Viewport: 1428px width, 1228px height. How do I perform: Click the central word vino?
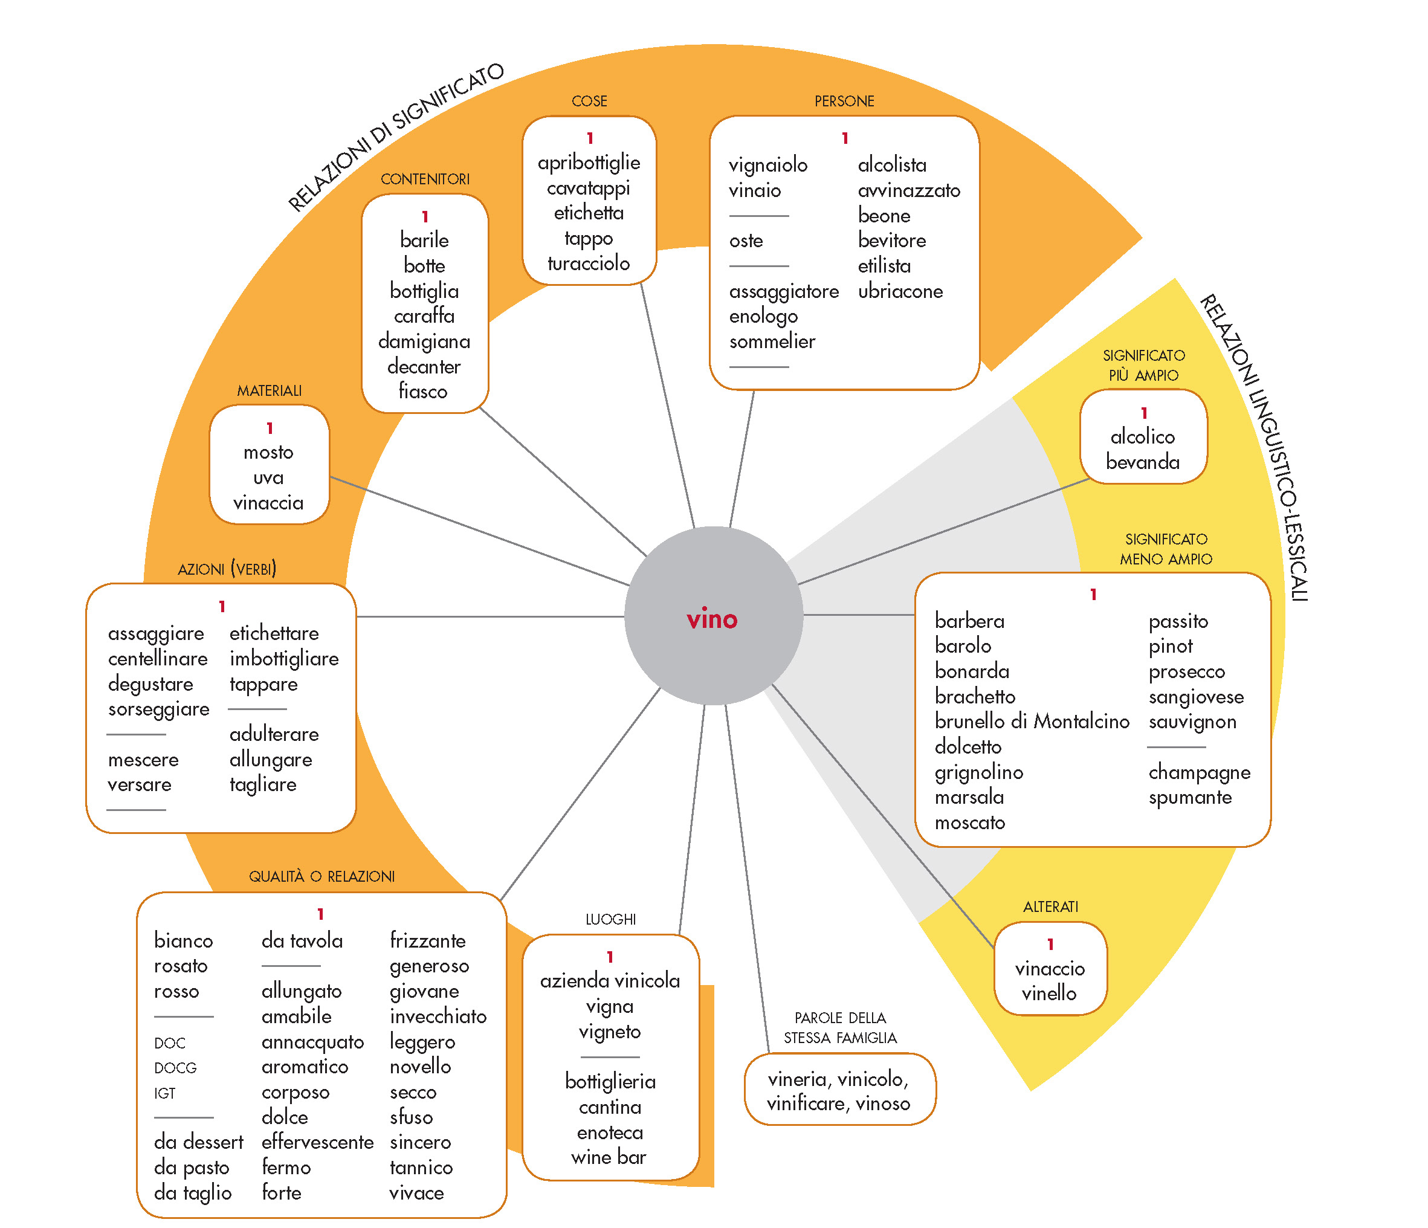click(712, 619)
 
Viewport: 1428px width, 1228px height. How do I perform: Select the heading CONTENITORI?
click(425, 179)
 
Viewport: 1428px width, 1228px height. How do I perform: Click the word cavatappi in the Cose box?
click(589, 188)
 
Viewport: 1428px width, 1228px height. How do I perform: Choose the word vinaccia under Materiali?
click(268, 503)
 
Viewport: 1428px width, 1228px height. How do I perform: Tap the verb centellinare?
click(158, 658)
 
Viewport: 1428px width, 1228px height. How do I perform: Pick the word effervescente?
click(318, 1142)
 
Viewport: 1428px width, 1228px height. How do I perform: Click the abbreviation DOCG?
click(176, 1068)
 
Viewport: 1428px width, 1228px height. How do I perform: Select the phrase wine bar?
click(609, 1157)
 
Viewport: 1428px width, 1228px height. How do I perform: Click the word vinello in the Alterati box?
click(1049, 993)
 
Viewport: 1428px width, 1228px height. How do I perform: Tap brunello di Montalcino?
click(1032, 721)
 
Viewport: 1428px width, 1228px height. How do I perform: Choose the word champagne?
click(1199, 772)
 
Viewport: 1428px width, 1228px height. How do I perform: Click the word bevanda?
click(1143, 462)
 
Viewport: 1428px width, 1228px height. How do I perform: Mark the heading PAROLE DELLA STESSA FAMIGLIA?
click(840, 1027)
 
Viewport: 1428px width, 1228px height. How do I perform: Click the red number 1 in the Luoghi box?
click(610, 957)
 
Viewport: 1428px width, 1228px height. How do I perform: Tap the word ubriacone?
click(900, 291)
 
